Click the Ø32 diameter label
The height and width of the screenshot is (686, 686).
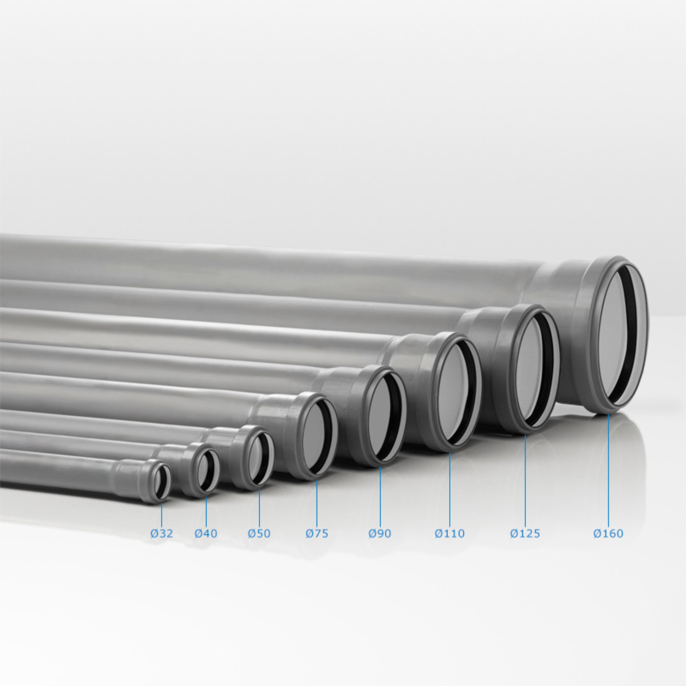click(162, 533)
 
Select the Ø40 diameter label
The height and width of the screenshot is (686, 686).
click(206, 533)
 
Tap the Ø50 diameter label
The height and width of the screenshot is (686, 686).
click(259, 533)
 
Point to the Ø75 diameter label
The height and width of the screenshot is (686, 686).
click(317, 533)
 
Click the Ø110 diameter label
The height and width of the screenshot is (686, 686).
click(449, 533)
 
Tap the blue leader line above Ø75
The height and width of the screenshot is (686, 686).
click(317, 502)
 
